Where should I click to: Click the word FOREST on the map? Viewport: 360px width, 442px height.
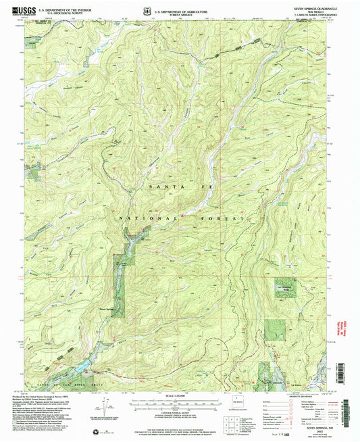(x=217, y=219)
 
